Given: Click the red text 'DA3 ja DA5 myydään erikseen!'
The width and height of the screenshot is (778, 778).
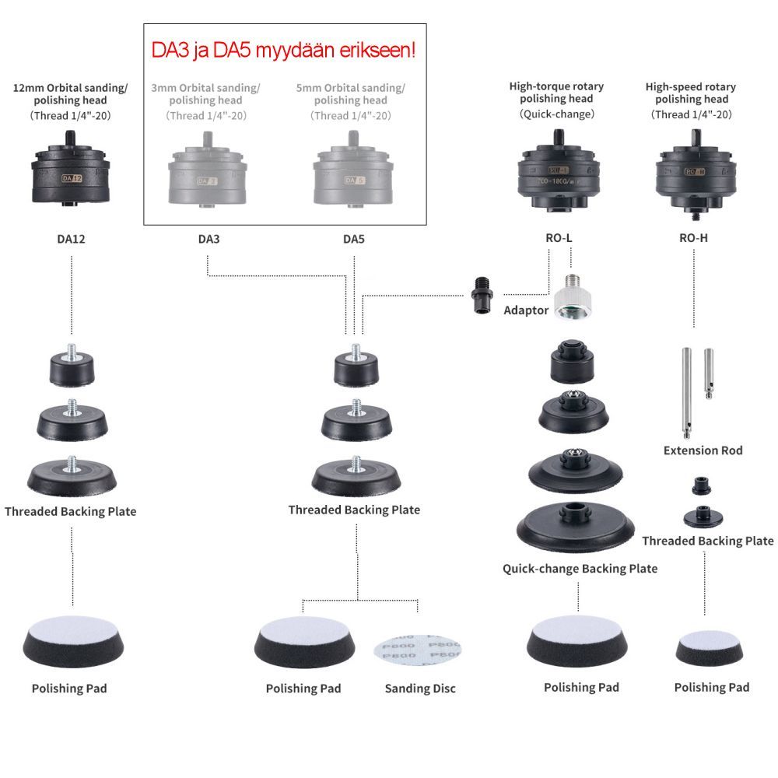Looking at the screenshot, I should pyautogui.click(x=283, y=52).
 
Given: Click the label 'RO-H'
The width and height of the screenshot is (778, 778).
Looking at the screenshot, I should pyautogui.click(x=693, y=238).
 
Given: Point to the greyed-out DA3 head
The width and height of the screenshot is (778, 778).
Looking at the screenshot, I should pyautogui.click(x=205, y=174).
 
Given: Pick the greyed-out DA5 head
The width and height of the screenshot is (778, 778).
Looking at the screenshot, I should pyautogui.click(x=352, y=174).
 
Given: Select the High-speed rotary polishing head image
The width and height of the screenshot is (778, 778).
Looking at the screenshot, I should pyautogui.click(x=693, y=173).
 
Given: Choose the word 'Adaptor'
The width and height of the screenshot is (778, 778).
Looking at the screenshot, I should pyautogui.click(x=526, y=310).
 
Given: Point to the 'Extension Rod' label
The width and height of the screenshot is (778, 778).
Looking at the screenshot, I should pyautogui.click(x=703, y=450).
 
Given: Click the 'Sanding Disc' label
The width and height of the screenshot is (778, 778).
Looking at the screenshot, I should pyautogui.click(x=420, y=689).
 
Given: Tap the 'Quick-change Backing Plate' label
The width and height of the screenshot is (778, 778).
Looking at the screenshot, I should pyautogui.click(x=580, y=569).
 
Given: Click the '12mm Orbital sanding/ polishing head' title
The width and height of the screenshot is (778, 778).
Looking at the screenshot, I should pyautogui.click(x=70, y=93).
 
